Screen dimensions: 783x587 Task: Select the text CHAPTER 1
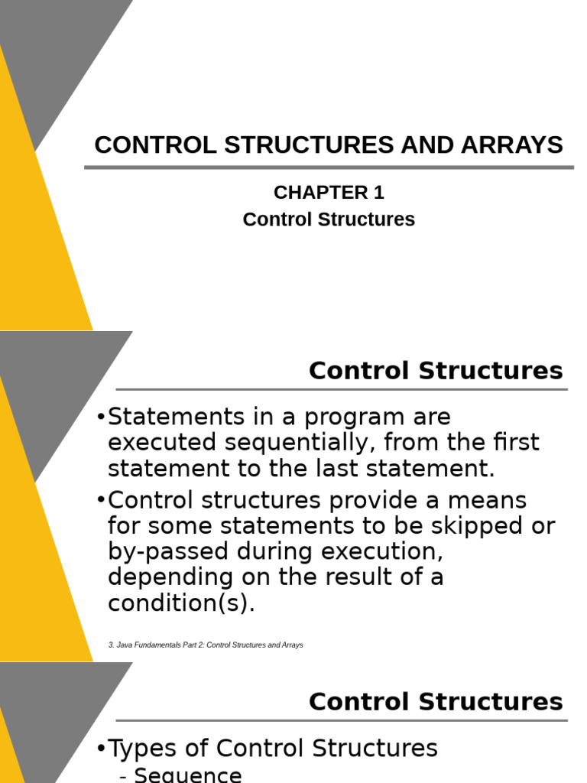point(329,193)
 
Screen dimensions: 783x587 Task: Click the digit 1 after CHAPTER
point(378,193)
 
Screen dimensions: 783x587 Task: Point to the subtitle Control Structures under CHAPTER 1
point(329,219)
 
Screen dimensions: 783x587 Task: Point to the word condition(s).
point(180,603)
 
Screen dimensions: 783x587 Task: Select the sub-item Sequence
point(187,775)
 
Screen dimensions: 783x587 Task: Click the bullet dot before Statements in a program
point(102,418)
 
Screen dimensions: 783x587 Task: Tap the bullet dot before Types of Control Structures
point(102,749)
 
